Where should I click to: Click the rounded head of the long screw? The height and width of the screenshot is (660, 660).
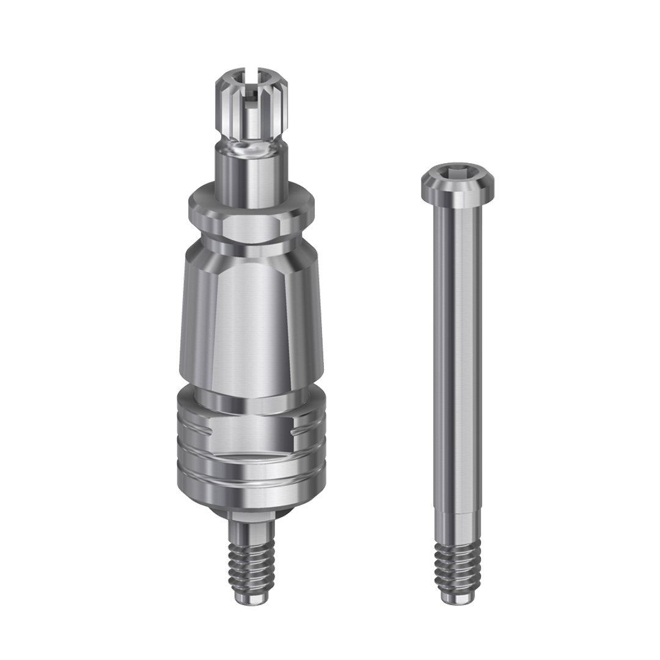[457, 182]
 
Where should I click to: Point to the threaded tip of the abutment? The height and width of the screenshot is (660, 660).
[252, 556]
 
